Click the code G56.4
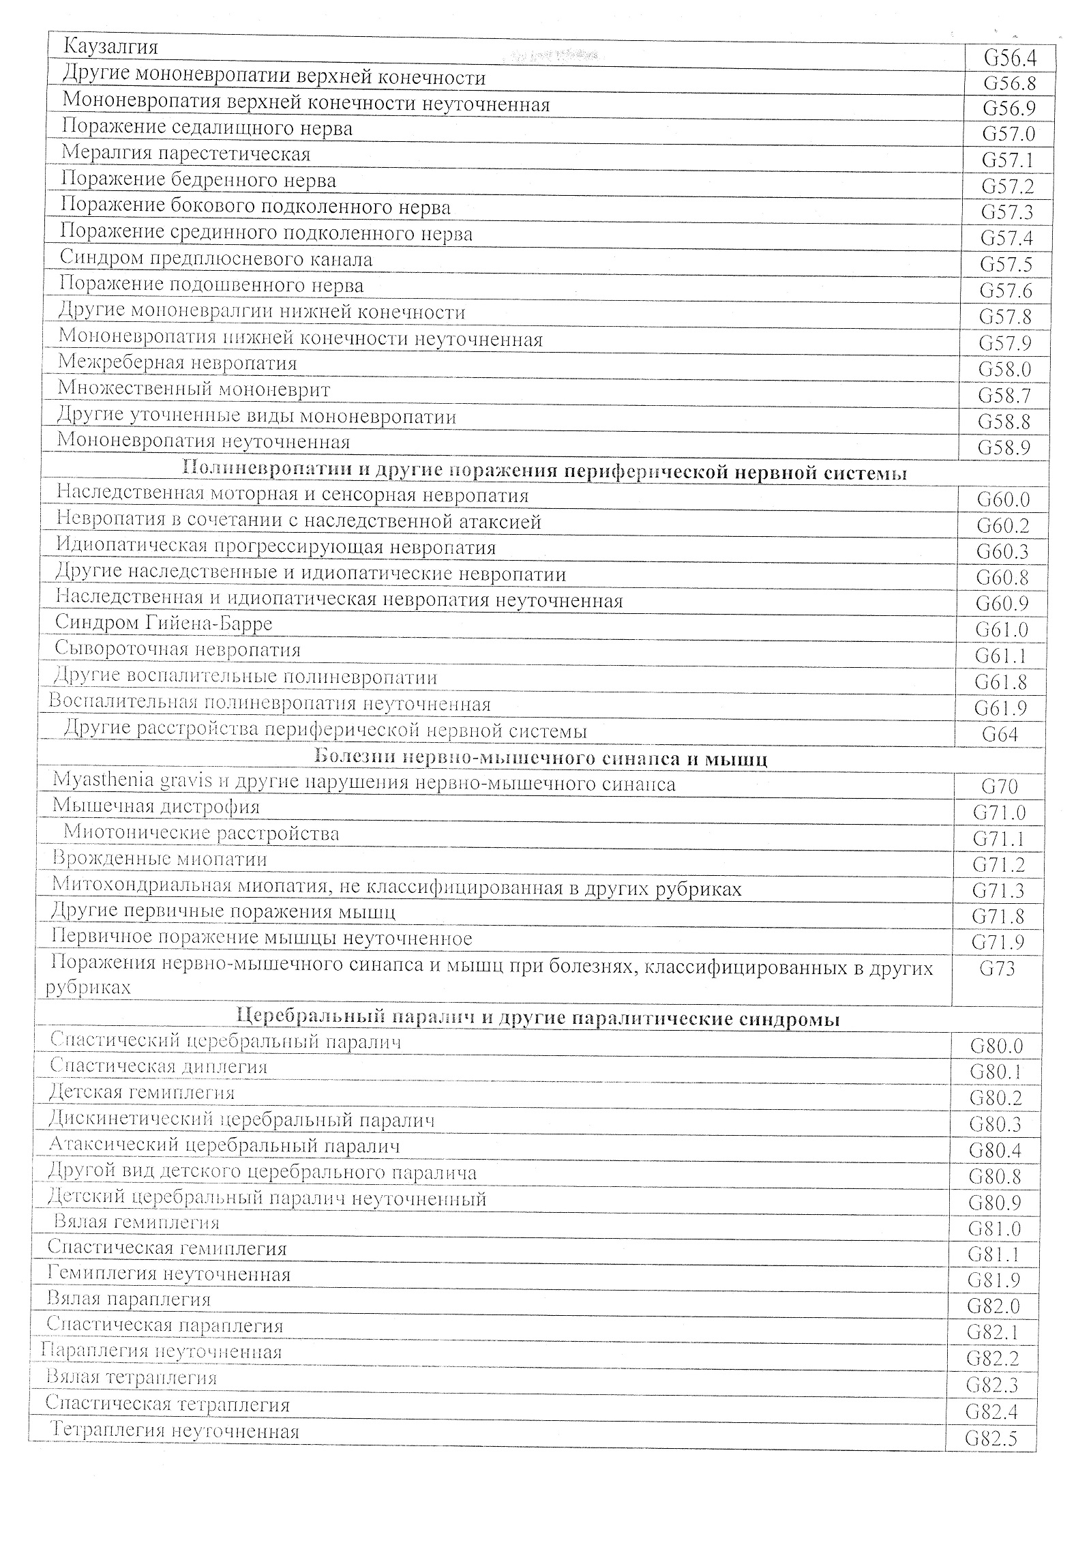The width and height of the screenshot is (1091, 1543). point(1010,58)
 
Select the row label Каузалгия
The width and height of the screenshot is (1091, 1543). point(110,47)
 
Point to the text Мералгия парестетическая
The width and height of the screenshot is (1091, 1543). point(185,153)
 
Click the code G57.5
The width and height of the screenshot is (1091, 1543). point(1006,265)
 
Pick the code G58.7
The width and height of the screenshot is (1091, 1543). point(1004,396)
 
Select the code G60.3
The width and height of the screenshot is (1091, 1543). point(1002,551)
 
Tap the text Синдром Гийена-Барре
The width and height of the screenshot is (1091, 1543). point(164,623)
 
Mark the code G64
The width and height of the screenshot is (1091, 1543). point(1000,734)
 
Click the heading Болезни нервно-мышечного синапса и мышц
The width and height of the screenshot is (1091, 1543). point(542,759)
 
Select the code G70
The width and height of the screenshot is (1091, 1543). point(1000,787)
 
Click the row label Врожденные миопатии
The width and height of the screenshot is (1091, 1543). point(160,859)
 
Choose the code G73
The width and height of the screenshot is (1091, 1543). point(997,968)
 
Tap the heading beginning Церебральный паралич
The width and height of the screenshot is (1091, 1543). point(538,1019)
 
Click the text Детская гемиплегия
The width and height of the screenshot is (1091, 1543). point(142,1092)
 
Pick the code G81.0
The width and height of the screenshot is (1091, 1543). point(994,1229)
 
